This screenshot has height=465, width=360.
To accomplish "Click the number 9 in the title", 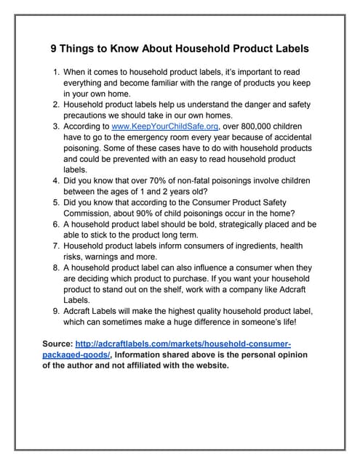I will [x=54, y=49].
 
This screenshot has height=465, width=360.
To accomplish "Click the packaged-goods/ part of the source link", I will [x=76, y=355].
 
